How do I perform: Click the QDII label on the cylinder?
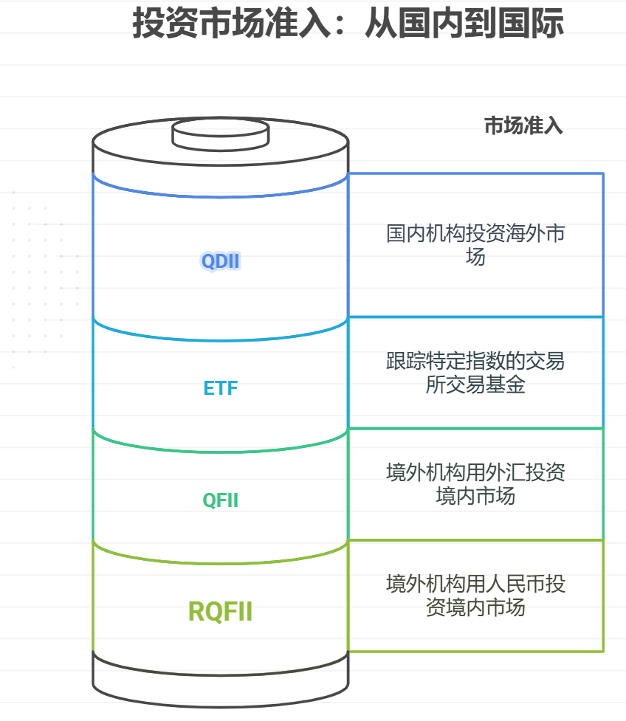(x=221, y=261)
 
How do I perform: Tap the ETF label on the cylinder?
(x=221, y=388)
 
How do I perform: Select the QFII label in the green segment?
(x=221, y=500)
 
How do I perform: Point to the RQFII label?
(x=221, y=612)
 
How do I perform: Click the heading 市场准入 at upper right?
(x=523, y=126)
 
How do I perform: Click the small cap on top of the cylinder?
(x=220, y=133)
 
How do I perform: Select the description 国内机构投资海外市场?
(x=475, y=245)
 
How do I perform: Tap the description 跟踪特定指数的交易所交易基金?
(x=475, y=373)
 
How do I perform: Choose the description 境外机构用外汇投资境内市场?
(x=475, y=483)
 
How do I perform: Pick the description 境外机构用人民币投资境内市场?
(x=475, y=596)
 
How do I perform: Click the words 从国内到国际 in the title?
(x=464, y=24)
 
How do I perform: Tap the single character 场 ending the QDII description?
(x=475, y=258)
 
